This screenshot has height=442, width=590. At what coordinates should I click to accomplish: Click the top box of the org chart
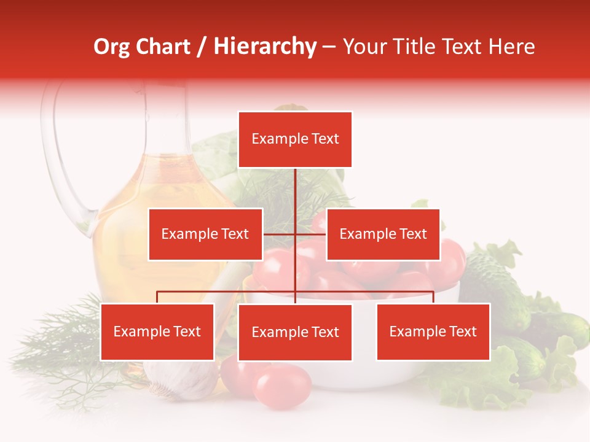[x=295, y=139]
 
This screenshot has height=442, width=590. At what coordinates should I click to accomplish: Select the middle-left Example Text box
[x=205, y=234]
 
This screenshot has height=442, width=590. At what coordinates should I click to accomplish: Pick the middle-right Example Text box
[x=383, y=234]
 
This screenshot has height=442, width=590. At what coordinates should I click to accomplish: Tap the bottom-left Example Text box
[x=157, y=331]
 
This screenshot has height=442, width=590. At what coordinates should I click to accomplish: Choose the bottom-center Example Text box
[x=295, y=332]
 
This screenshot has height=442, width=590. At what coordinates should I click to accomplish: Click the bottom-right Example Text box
[x=433, y=331]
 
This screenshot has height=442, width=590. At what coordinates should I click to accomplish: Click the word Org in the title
[x=111, y=47]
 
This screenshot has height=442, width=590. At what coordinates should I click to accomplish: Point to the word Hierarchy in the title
[x=265, y=47]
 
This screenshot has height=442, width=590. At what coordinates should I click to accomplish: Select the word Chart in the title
[x=164, y=47]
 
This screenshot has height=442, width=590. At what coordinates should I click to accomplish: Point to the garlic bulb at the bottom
[x=181, y=378]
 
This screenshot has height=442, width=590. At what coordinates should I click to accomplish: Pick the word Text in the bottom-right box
[x=463, y=331]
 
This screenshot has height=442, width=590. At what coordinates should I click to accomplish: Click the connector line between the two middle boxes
[x=295, y=234]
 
